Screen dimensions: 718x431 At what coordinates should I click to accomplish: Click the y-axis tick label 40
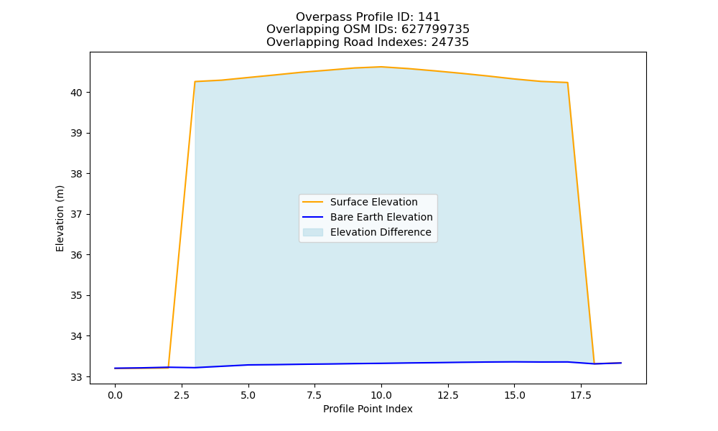(x=76, y=93)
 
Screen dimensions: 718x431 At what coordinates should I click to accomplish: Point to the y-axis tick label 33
(x=76, y=377)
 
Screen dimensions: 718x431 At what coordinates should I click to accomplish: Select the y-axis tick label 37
(x=76, y=214)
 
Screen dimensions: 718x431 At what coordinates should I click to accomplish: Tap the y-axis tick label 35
(x=76, y=295)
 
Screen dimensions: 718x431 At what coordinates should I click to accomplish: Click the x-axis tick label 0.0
(x=115, y=395)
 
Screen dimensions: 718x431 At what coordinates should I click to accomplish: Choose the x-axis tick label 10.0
(x=381, y=395)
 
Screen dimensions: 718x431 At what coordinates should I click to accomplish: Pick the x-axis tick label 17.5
(x=581, y=395)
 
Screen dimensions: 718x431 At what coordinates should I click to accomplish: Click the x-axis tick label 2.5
(x=182, y=395)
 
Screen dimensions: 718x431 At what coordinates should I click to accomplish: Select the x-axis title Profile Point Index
(x=368, y=409)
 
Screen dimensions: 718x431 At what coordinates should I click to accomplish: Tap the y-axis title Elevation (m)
(x=60, y=218)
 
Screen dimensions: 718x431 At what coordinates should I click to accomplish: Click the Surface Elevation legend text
(x=373, y=202)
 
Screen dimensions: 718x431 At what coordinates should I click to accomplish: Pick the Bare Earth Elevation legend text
(x=381, y=217)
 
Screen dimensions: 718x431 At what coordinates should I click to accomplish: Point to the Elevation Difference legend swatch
(x=313, y=232)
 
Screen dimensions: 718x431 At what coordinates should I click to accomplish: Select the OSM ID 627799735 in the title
(x=436, y=29)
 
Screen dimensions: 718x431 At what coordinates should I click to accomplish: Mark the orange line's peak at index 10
(x=381, y=67)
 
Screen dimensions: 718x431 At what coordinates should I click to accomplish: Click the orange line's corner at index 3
(x=195, y=81)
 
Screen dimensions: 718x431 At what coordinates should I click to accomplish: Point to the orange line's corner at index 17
(x=568, y=83)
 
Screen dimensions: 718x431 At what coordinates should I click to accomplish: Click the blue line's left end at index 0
(x=115, y=369)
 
